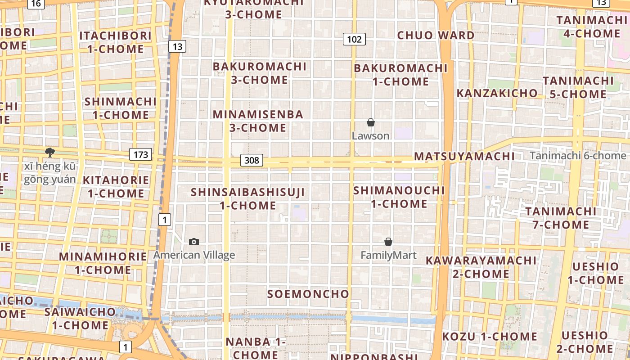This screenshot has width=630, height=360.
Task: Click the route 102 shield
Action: click(x=354, y=39)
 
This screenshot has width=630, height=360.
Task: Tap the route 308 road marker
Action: click(x=251, y=160)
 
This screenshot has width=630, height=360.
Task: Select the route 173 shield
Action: click(x=141, y=155)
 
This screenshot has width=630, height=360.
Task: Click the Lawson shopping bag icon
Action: click(x=371, y=122)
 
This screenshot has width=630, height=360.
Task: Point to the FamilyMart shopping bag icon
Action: click(x=388, y=242)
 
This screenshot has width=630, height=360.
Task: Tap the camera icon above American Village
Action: click(x=194, y=242)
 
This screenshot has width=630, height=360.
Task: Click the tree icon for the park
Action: click(x=50, y=153)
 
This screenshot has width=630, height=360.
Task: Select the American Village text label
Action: click(x=194, y=255)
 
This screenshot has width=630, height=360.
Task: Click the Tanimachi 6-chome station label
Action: click(x=578, y=156)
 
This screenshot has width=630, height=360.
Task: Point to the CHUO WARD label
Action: click(x=436, y=35)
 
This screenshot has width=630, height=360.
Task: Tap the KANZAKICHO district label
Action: click(x=497, y=93)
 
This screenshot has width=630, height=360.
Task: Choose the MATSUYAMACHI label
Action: click(x=464, y=156)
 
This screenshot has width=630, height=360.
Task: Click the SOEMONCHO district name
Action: click(x=308, y=294)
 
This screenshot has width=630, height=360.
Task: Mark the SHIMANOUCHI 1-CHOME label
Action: click(x=399, y=197)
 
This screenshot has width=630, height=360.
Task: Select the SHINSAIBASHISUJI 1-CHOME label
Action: click(x=248, y=198)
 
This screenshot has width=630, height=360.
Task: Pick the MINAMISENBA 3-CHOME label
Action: click(x=258, y=121)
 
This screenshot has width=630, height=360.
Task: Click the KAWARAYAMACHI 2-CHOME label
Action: click(x=481, y=267)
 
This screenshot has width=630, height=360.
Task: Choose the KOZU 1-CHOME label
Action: click(x=490, y=336)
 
